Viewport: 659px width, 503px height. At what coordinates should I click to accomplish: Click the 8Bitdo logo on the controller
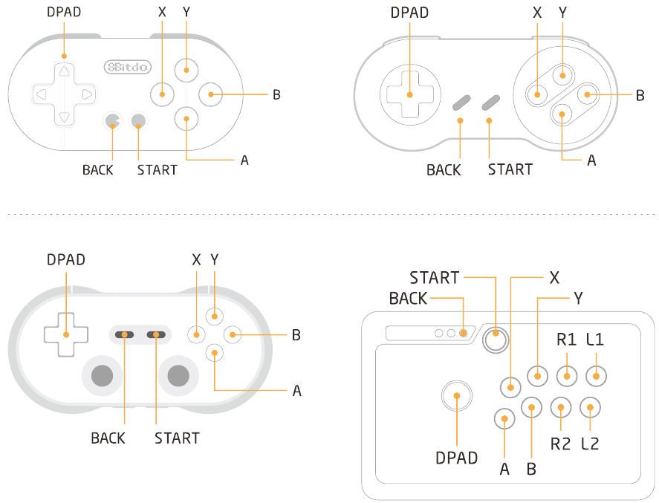click(x=127, y=67)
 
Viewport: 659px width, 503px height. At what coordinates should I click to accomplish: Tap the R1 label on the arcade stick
click(x=567, y=339)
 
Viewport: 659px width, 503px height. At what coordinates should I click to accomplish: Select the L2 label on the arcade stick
click(x=590, y=444)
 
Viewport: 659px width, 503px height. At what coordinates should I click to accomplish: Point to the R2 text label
click(x=560, y=444)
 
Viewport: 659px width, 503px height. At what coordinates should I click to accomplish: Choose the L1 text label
click(x=595, y=339)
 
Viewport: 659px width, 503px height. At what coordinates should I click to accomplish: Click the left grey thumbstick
click(x=102, y=375)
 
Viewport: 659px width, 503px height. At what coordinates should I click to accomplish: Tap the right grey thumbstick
click(x=178, y=375)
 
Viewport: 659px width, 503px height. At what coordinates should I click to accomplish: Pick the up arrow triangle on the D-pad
click(x=64, y=71)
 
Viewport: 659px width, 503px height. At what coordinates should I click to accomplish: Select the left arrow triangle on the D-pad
click(x=41, y=94)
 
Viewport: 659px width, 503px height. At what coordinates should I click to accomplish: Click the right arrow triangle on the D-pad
click(x=88, y=94)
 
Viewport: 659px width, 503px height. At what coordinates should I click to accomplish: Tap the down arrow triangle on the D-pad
click(x=64, y=117)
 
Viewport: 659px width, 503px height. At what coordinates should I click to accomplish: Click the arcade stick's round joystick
click(x=457, y=395)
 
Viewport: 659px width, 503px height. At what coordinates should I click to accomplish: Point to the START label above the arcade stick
click(x=435, y=278)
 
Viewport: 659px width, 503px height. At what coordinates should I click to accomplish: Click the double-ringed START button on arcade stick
click(x=496, y=339)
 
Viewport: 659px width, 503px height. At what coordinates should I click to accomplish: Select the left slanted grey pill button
click(x=461, y=103)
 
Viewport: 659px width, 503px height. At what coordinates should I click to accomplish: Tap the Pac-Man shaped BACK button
click(x=112, y=121)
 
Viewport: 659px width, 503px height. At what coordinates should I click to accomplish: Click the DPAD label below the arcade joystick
click(x=456, y=458)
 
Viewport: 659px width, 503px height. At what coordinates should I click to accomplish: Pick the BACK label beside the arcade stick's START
click(x=408, y=299)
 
